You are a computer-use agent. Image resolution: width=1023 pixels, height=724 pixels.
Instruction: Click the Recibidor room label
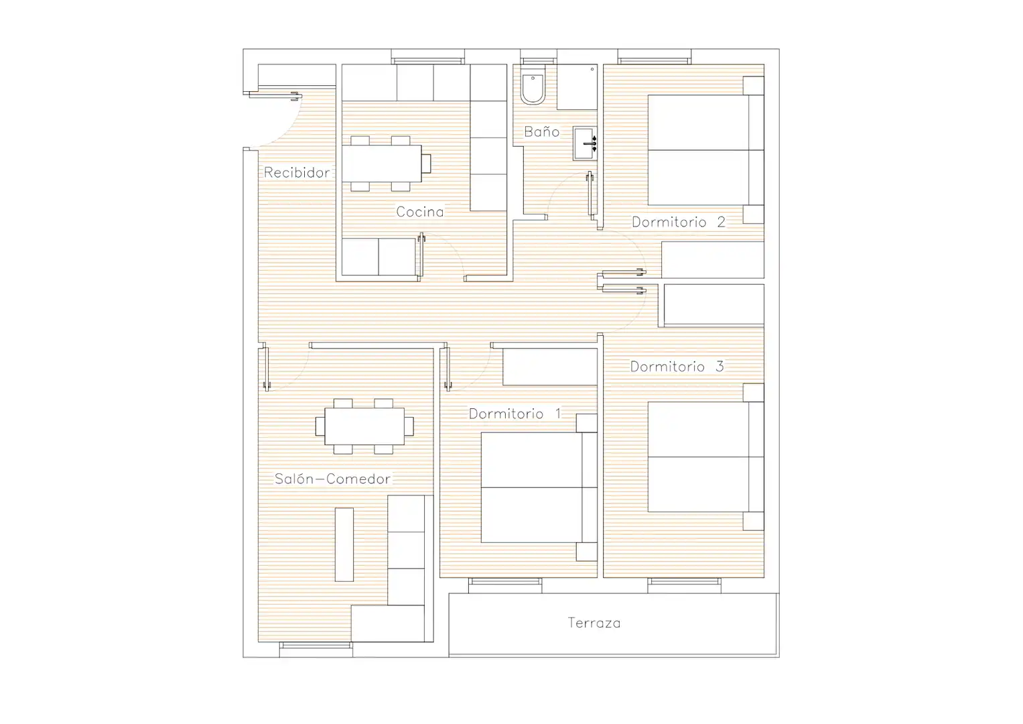[x=297, y=172]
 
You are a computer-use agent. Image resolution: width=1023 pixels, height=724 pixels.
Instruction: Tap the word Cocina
[x=419, y=212]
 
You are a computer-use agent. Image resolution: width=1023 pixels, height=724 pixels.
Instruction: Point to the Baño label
[x=541, y=131]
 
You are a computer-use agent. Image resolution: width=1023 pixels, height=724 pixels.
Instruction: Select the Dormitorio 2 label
[x=678, y=222]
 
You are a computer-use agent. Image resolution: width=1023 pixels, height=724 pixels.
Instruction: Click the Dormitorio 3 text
[x=677, y=366]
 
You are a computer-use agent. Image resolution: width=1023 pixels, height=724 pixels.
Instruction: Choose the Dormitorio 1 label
[x=515, y=414]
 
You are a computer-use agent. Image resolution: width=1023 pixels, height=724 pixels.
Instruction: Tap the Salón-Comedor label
[x=332, y=479]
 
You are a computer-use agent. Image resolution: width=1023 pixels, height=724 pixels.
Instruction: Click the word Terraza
[x=594, y=623]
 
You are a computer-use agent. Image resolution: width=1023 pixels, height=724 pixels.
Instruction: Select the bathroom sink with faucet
[x=585, y=143]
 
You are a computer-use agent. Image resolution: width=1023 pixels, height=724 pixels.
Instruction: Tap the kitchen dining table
[x=382, y=163]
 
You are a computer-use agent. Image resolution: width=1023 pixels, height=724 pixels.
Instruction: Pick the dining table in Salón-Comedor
[x=364, y=426]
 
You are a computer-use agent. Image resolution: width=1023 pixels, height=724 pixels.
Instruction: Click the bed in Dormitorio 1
[x=539, y=487]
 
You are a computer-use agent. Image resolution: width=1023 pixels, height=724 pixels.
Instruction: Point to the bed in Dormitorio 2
[x=706, y=150]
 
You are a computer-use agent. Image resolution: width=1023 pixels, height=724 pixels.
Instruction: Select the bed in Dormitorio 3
[x=706, y=457]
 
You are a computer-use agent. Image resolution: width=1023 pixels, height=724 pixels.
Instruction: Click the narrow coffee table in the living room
[x=344, y=544]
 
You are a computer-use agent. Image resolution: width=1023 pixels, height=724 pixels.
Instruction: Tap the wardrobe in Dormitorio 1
[x=550, y=367]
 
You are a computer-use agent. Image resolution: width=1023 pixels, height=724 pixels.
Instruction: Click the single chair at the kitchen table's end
[x=426, y=163]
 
